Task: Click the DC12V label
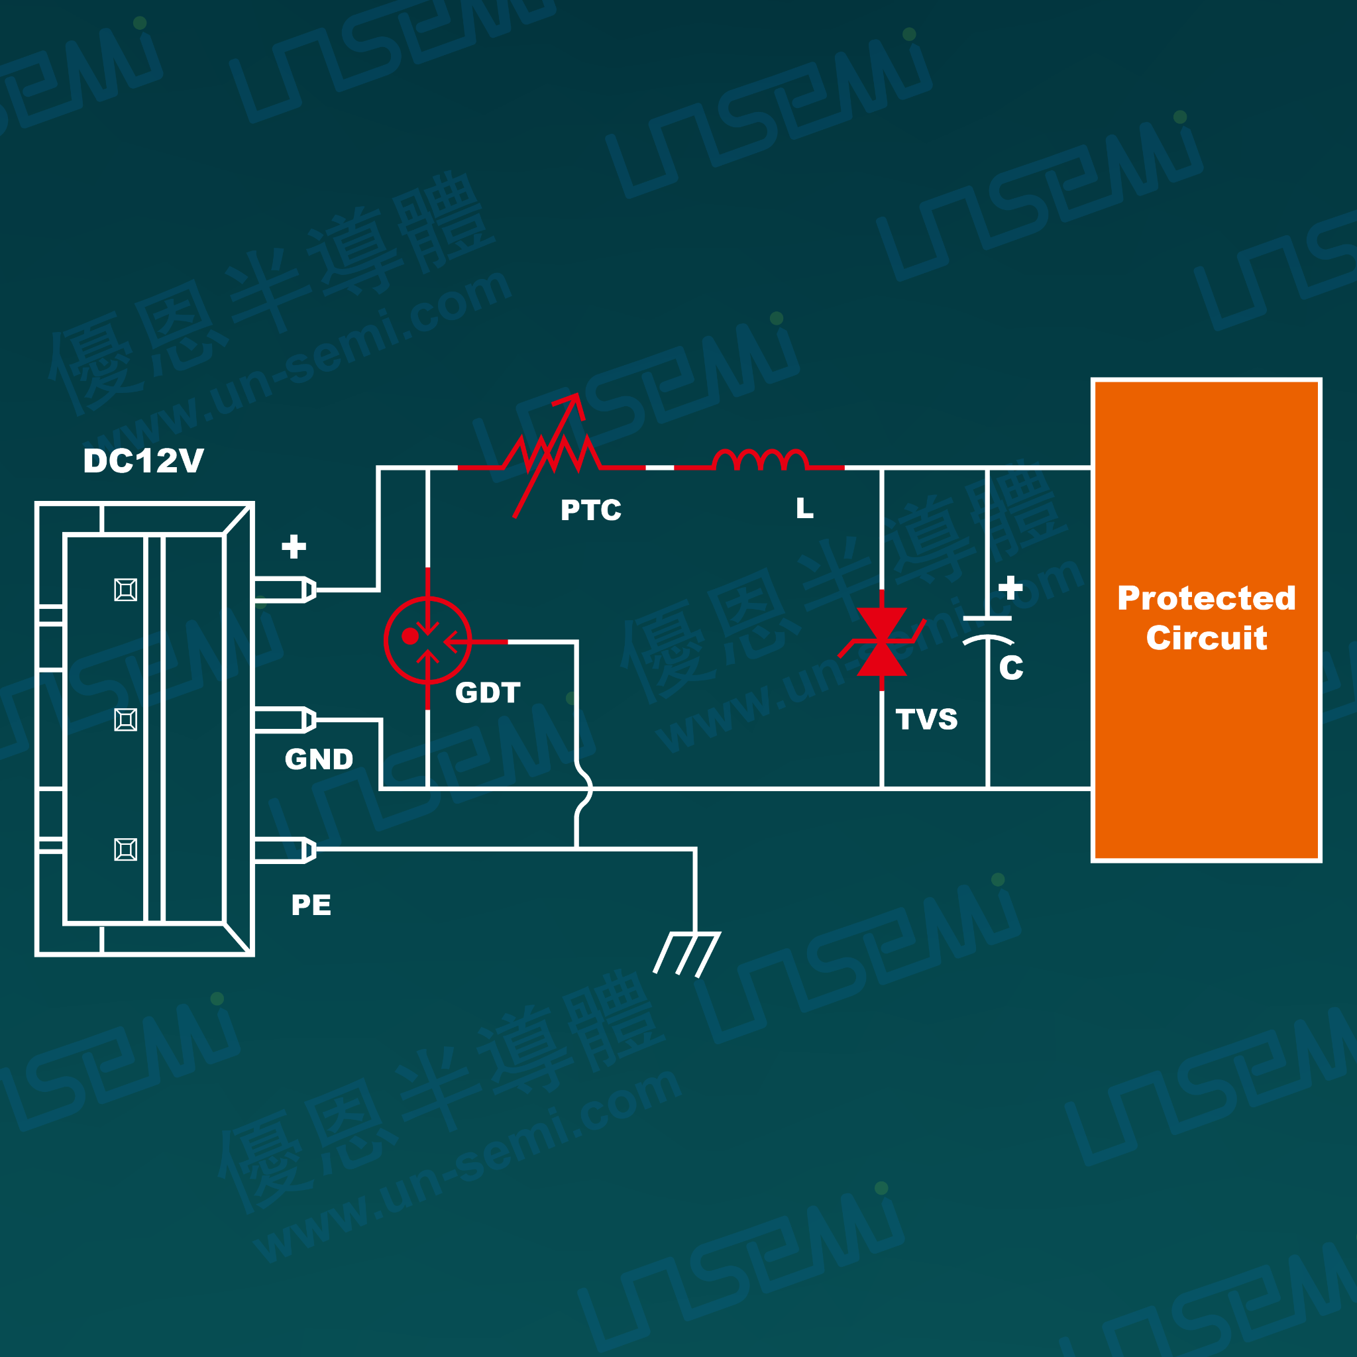pos(143,461)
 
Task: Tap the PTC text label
pos(590,510)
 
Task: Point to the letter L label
pos(805,508)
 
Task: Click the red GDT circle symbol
pos(428,640)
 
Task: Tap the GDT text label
pos(488,692)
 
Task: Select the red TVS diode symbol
pos(882,641)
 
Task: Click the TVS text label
pos(926,719)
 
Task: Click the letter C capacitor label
pos(1010,667)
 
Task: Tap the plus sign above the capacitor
pos(1010,587)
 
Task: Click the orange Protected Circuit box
pos(1206,620)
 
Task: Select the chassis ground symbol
pos(687,953)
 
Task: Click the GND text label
pos(319,759)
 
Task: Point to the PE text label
pos(311,905)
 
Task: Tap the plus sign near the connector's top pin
pos(294,547)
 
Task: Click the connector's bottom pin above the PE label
pos(285,850)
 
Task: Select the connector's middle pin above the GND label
pos(285,720)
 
